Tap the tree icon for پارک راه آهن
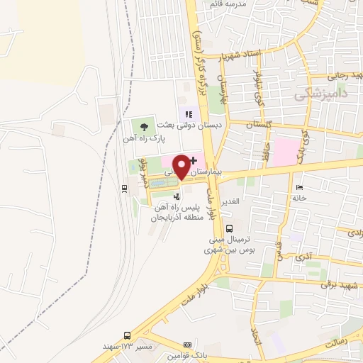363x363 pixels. click(x=144, y=126)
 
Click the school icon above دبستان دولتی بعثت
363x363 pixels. click(x=189, y=113)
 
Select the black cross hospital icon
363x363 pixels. click(x=194, y=162)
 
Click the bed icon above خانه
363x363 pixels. click(x=299, y=187)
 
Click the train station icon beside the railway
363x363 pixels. click(x=125, y=188)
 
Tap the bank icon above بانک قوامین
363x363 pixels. click(x=187, y=343)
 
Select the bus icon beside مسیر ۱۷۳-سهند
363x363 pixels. click(x=128, y=335)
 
